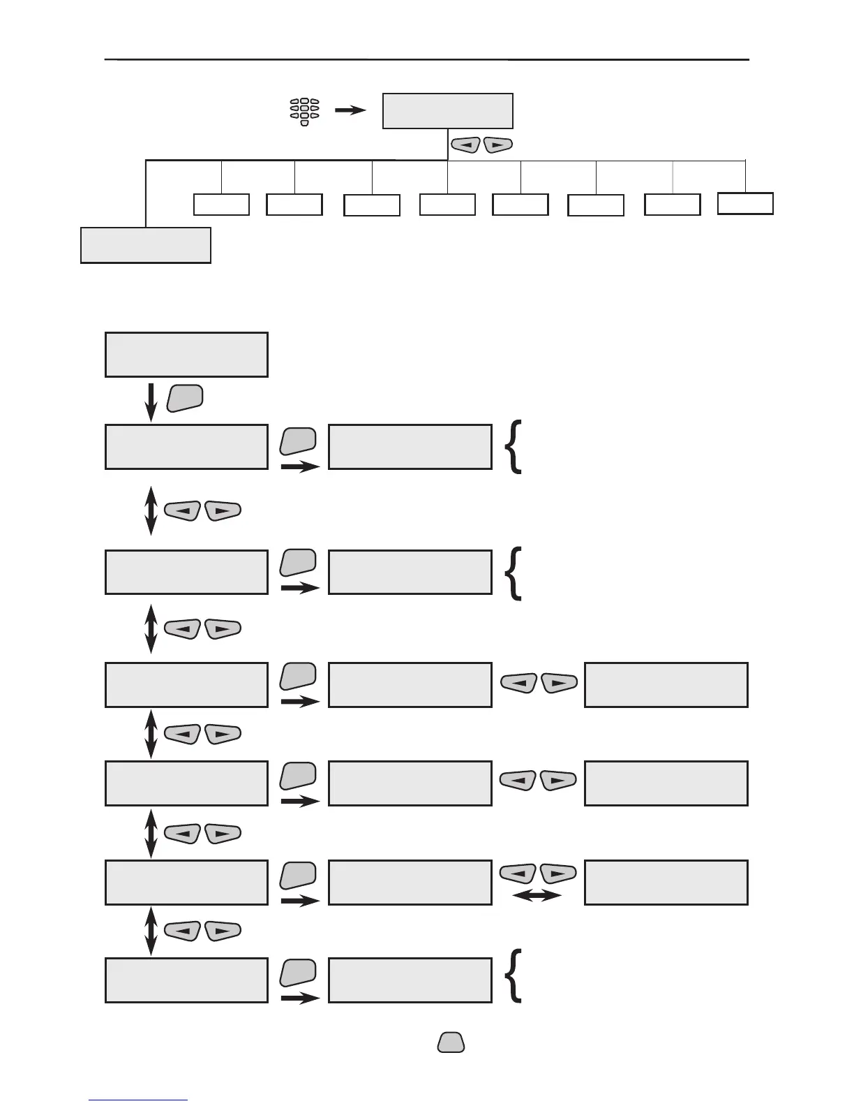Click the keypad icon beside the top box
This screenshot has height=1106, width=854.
click(x=305, y=112)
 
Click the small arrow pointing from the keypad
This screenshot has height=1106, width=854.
click(x=350, y=110)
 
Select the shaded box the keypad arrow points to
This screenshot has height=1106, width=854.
click(x=447, y=111)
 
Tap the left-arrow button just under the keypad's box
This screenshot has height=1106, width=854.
click(x=466, y=145)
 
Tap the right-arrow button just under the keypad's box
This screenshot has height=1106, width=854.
click(x=497, y=145)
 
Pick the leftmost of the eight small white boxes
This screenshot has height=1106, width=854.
click(x=221, y=205)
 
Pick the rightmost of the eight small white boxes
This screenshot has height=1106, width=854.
click(x=745, y=203)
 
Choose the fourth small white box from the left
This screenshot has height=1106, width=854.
click(x=447, y=205)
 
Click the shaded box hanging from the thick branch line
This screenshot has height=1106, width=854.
click(x=146, y=244)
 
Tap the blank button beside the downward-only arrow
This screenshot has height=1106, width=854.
click(x=185, y=397)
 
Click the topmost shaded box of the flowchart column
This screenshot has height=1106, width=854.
click(x=186, y=355)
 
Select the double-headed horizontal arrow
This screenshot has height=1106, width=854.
click(x=537, y=895)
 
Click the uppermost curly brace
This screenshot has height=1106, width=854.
click(x=514, y=447)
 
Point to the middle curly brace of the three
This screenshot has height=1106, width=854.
click(x=514, y=573)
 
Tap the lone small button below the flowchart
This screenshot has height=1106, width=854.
click(x=451, y=1042)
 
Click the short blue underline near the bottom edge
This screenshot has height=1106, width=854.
click(x=138, y=1100)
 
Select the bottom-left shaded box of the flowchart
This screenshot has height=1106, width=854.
click(x=186, y=980)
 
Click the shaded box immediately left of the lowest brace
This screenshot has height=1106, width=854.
click(x=410, y=980)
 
